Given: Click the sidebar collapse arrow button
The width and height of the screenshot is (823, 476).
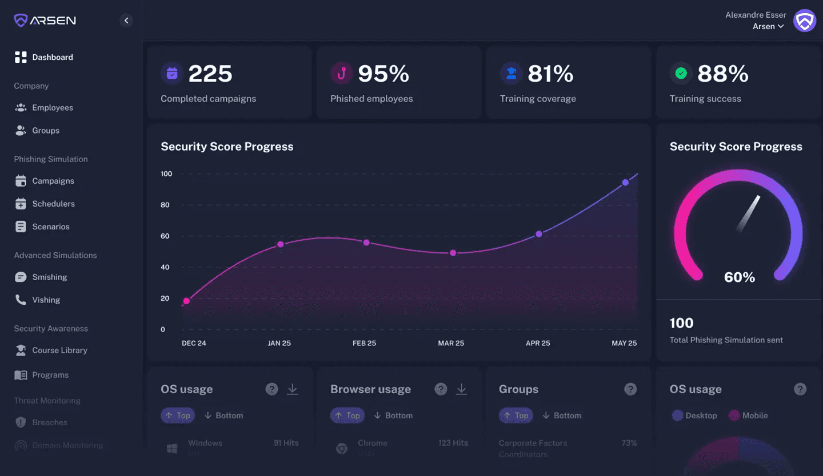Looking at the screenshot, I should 126,21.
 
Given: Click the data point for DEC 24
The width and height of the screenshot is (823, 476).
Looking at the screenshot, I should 186,301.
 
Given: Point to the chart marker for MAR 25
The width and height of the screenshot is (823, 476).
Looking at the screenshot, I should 453,253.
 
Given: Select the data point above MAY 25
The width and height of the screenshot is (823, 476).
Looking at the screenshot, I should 625,183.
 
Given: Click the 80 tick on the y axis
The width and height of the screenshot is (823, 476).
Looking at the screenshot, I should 165,205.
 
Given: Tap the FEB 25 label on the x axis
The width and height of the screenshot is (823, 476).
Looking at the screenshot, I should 364,343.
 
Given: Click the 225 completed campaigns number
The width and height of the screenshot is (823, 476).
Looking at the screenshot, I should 210,74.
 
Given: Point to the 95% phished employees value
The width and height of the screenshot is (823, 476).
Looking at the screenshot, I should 383,74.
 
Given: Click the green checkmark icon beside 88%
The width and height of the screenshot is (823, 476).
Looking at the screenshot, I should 681,73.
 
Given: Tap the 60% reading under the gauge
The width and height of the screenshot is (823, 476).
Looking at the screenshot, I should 740,277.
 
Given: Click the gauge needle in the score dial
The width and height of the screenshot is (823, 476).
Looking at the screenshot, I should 749,213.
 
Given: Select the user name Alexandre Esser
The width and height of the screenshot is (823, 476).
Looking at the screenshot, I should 756,15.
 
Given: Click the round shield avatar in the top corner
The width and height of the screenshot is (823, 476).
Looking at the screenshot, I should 805,21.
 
